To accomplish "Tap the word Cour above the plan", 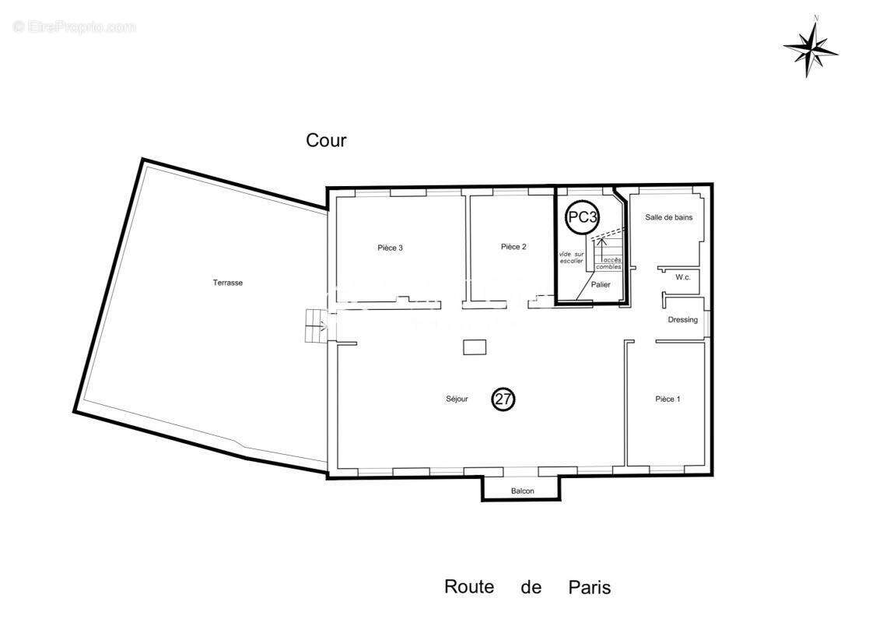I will tap(326, 141).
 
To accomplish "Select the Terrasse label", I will tap(228, 283).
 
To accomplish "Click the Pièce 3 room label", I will tap(390, 248).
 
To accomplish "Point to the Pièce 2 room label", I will tap(513, 247).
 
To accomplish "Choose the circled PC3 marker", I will tap(582, 217).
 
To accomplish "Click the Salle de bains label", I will tap(668, 217).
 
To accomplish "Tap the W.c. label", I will tap(683, 277).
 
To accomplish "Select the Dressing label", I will tap(682, 320).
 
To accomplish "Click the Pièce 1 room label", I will tap(667, 399).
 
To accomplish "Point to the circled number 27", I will tap(503, 399).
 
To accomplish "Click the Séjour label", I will tap(457, 399).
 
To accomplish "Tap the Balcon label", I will tap(521, 491).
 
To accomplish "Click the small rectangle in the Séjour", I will tap(475, 347).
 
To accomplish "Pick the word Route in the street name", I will tap(469, 586).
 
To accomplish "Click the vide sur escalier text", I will tap(570, 258).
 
